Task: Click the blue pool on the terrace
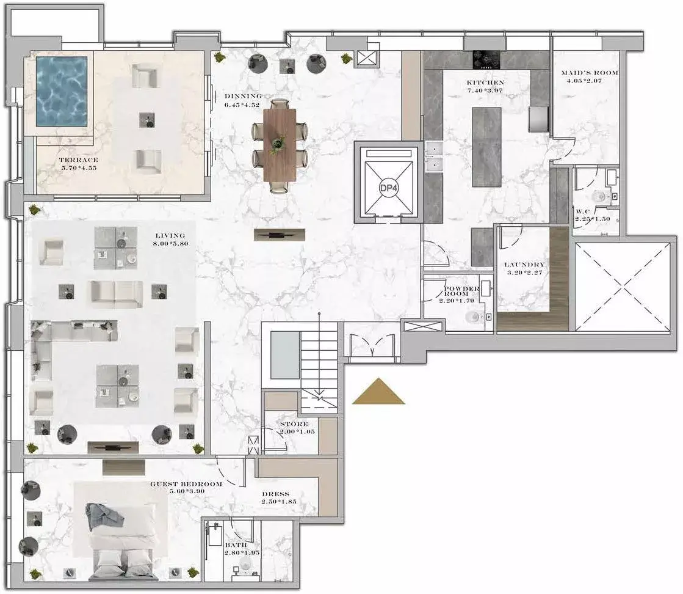[x=62, y=91]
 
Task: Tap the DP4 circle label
[x=389, y=188]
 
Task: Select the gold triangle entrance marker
[x=378, y=391]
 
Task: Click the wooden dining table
[x=280, y=144]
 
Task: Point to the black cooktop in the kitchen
[x=486, y=60]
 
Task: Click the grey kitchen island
[x=486, y=147]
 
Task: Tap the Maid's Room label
[x=590, y=73]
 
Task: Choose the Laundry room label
[x=524, y=264]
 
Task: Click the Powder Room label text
[x=461, y=291]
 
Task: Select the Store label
[x=294, y=424]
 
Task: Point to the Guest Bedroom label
[x=186, y=483]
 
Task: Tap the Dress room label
[x=276, y=494]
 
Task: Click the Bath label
[x=236, y=545]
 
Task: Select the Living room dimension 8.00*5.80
[x=171, y=243]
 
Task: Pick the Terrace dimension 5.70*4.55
[x=79, y=167]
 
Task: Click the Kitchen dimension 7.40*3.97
[x=485, y=90]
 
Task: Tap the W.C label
[x=583, y=211]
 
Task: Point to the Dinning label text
[x=244, y=96]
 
